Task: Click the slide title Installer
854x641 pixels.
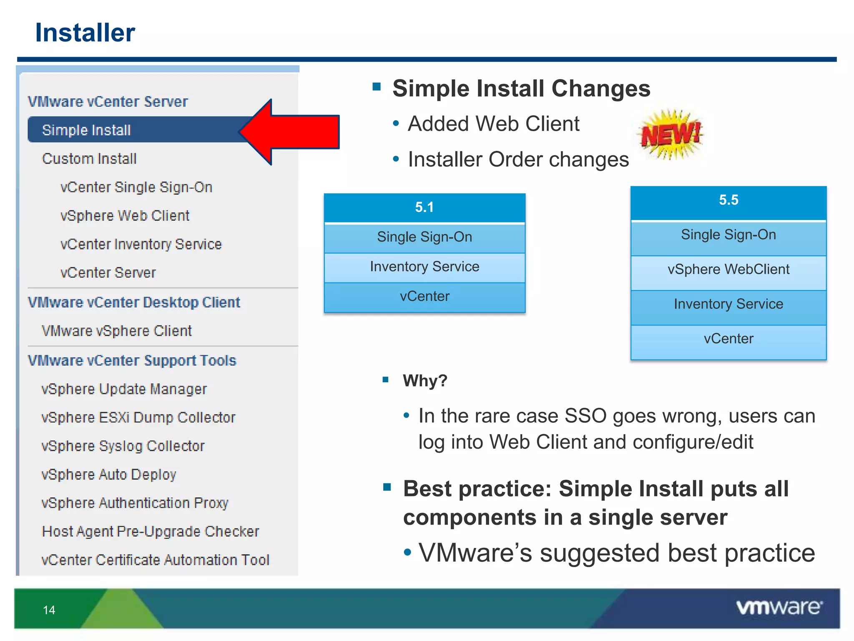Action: (85, 33)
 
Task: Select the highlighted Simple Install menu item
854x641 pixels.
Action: (87, 130)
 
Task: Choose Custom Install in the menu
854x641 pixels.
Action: (89, 159)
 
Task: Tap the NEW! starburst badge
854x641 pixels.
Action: (671, 134)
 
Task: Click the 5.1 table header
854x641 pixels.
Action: (424, 207)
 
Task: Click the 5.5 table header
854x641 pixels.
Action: (728, 200)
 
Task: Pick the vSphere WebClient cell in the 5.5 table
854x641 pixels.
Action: (728, 270)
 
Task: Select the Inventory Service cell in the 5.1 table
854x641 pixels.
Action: (424, 267)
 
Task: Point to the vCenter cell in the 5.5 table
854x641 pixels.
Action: (728, 339)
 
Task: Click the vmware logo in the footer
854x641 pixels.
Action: (779, 608)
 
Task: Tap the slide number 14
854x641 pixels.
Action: (49, 610)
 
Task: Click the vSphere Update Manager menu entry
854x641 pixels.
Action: (124, 389)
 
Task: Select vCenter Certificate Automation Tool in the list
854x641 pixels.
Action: (156, 560)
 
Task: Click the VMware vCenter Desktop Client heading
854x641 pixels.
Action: (134, 302)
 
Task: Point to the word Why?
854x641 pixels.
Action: (425, 381)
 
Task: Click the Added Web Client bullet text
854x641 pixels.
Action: (493, 124)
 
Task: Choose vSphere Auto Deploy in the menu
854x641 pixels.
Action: (109, 474)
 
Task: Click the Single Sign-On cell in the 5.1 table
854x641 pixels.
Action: (424, 237)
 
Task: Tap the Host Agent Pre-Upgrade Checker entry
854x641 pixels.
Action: (151, 531)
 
